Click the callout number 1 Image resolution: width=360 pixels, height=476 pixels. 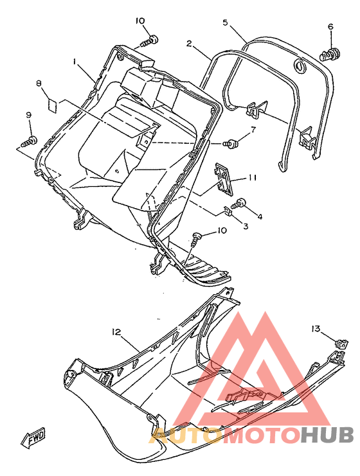pyautogui.click(x=75, y=61)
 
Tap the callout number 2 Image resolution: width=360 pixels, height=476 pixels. pyautogui.click(x=189, y=44)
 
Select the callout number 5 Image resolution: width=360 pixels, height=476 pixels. pyautogui.click(x=225, y=22)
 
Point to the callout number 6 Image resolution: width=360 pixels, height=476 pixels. pyautogui.click(x=330, y=26)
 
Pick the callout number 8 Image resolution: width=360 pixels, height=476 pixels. pyautogui.click(x=39, y=83)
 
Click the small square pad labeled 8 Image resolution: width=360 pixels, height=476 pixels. pyautogui.click(x=53, y=105)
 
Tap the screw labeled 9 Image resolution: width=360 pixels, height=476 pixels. pyautogui.click(x=29, y=141)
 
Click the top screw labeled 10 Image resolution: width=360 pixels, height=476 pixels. pyautogui.click(x=150, y=41)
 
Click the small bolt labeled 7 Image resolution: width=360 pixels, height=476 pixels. pyautogui.click(x=230, y=143)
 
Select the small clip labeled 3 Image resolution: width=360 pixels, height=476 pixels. pyautogui.click(x=227, y=210)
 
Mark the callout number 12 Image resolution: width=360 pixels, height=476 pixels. pyautogui.click(x=116, y=332)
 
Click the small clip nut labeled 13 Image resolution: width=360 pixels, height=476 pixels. pyautogui.click(x=341, y=344)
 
